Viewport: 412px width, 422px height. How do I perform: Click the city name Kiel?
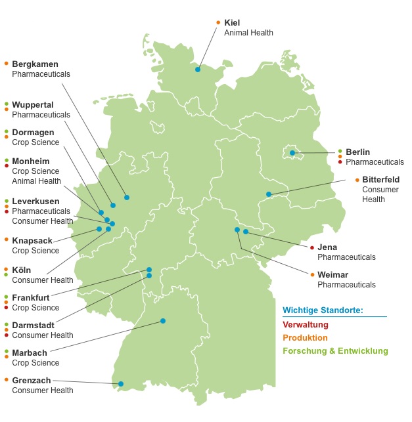coord(232,22)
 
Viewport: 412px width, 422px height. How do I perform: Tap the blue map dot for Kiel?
coord(197,68)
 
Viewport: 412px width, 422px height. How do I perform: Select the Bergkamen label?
coord(35,64)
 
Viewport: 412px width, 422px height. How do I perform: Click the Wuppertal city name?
coord(33,105)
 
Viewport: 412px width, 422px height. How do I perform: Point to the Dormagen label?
coord(34,133)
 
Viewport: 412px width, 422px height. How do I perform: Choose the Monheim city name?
coord(31,161)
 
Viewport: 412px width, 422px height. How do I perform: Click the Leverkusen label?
coord(35,201)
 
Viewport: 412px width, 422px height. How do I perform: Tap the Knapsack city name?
coord(32,241)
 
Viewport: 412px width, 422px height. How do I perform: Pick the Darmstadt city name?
coord(33,325)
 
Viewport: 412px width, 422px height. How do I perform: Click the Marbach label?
coord(30,352)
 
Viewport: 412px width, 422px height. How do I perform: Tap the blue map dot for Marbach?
coord(163,321)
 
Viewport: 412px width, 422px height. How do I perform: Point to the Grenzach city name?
coord(32,380)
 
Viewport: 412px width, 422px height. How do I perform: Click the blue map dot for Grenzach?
coord(121,384)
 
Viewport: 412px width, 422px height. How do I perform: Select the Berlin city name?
coord(358,152)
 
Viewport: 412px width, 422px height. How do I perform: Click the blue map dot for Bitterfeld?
coord(269,194)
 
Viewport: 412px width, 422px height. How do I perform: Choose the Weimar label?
coord(332,274)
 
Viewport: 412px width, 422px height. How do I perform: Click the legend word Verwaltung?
coord(305,324)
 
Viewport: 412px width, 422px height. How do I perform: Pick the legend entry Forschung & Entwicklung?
coord(335,350)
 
